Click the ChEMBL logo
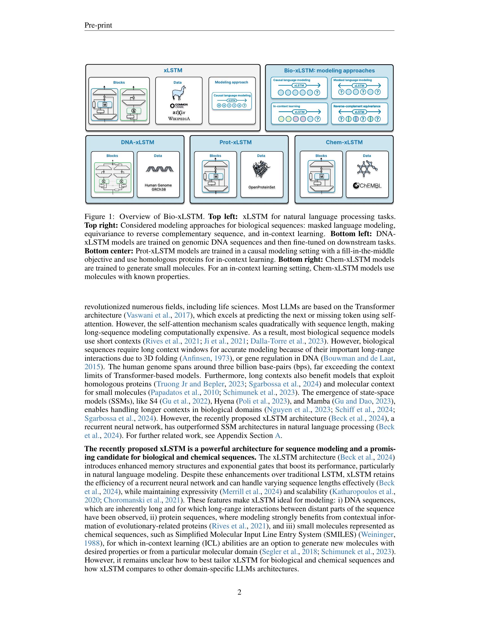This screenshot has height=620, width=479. click(x=367, y=186)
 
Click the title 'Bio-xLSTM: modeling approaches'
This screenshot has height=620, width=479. click(x=329, y=71)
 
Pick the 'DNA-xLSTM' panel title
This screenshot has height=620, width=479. click(x=137, y=142)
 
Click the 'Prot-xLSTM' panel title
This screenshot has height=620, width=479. click(x=235, y=142)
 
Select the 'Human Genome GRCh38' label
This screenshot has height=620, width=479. click(x=158, y=187)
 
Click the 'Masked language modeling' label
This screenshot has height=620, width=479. click(x=352, y=80)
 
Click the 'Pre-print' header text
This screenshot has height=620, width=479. click(x=98, y=26)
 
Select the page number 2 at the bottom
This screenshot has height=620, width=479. click(x=239, y=592)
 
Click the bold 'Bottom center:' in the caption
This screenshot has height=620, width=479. click(x=109, y=251)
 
